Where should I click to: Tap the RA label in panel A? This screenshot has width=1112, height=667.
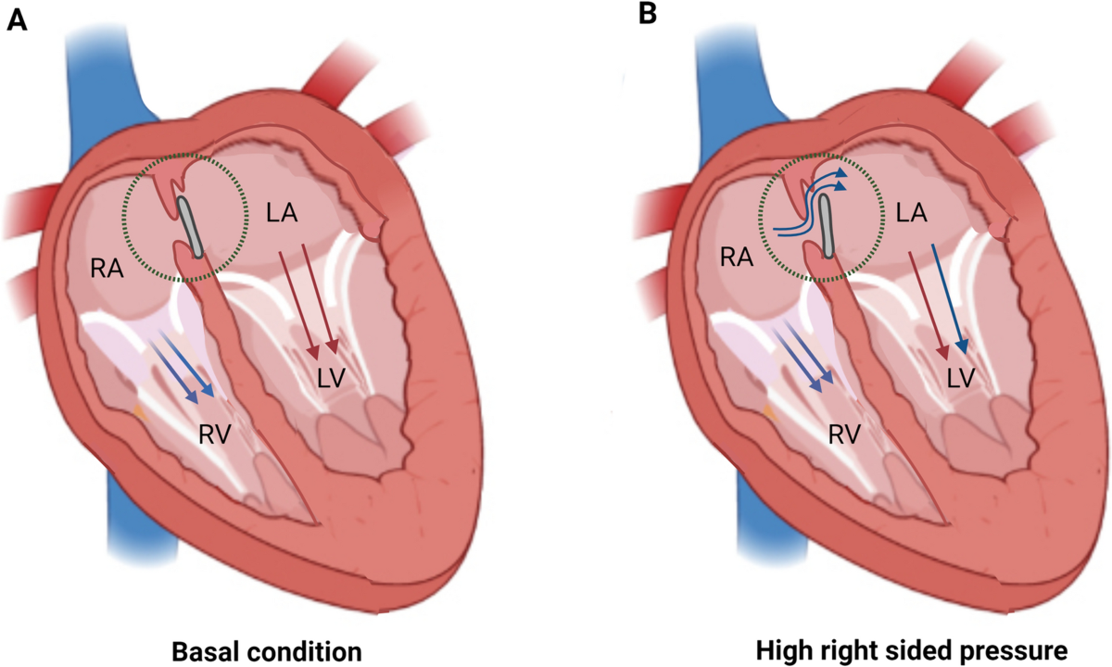105,270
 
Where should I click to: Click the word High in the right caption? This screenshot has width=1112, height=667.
777,648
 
